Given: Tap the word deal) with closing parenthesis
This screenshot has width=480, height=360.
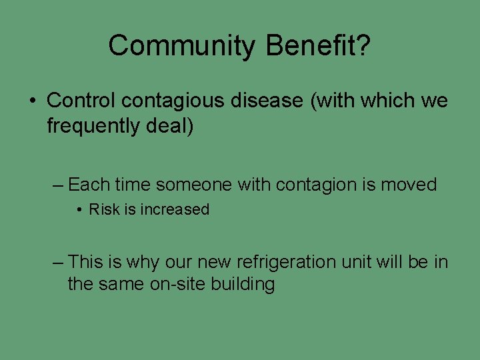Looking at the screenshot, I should click(x=170, y=125).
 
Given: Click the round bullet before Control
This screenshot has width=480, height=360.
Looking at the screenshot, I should click(x=32, y=101).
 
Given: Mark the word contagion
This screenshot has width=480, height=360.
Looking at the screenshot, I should click(x=315, y=184).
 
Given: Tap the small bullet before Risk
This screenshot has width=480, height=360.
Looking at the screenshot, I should click(x=79, y=210).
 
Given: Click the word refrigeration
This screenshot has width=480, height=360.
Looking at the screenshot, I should click(x=291, y=262).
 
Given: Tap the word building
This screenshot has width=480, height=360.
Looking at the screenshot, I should click(x=243, y=285).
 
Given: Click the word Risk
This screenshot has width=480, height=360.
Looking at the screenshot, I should click(x=104, y=209).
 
